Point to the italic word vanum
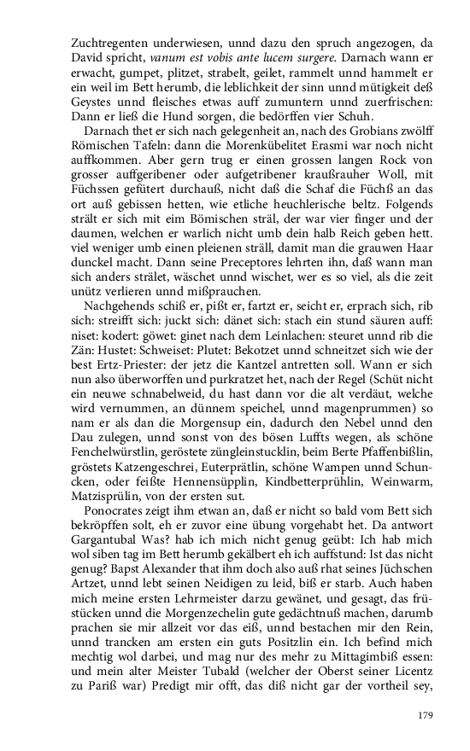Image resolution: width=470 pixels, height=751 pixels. (166, 55)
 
